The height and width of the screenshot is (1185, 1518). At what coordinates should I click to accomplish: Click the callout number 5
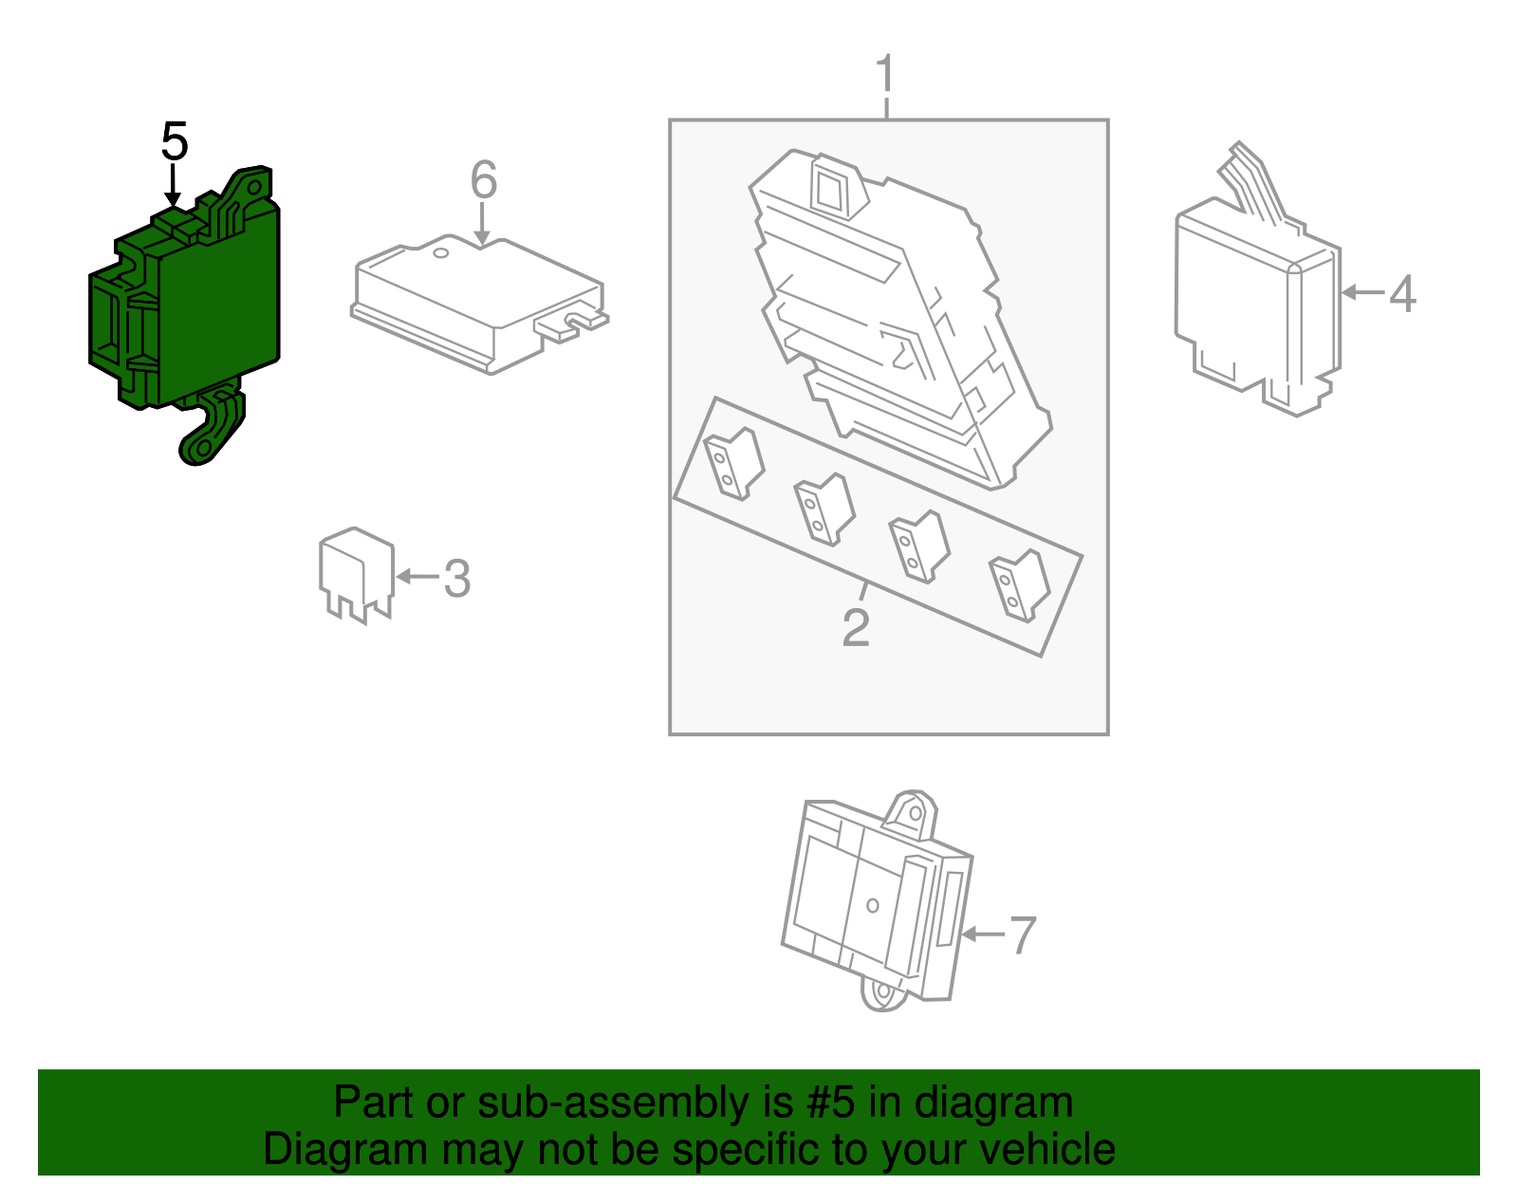point(175,141)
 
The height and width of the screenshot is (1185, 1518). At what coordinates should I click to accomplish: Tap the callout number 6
point(484,179)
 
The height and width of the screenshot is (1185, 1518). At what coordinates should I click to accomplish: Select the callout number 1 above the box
point(885,73)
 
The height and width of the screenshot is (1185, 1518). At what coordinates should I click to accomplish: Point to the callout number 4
point(1403,293)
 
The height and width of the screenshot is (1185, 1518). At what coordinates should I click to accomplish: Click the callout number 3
point(457,578)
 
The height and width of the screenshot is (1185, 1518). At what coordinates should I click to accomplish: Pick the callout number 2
point(857,627)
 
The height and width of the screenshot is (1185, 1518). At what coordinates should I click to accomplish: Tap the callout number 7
point(1023,935)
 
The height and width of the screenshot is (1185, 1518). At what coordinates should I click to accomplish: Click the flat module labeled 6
point(479,305)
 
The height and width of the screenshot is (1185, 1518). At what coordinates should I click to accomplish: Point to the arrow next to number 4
point(1363,292)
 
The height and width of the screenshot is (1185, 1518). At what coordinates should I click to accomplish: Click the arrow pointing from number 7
point(984,934)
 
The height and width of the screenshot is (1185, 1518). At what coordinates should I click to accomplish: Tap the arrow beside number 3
point(417,576)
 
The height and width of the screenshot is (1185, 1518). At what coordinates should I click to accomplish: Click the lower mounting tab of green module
point(211,427)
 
